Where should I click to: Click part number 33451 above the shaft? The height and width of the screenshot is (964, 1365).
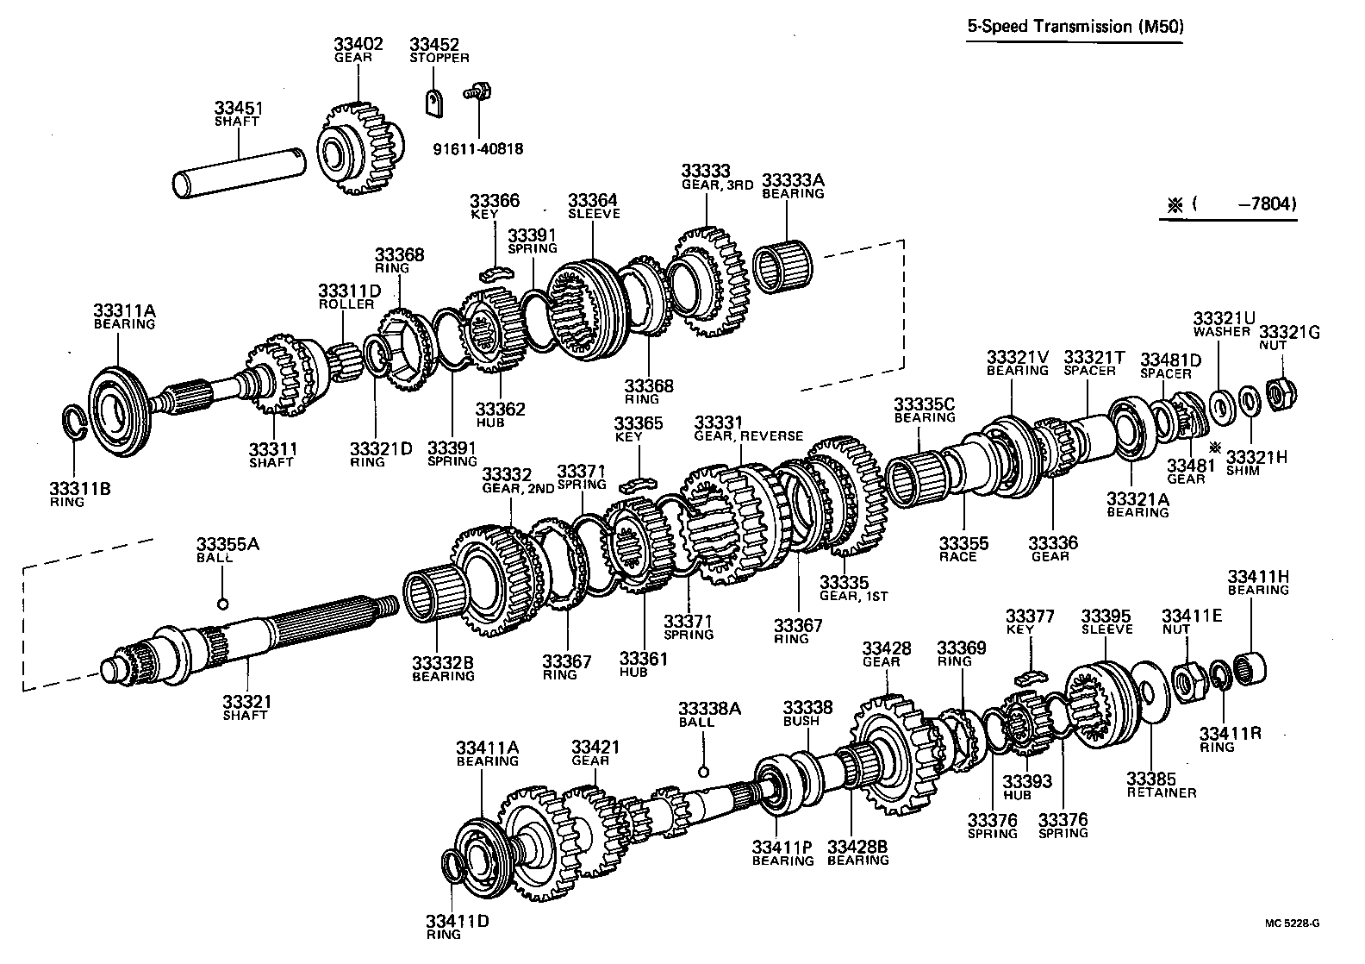pyautogui.click(x=238, y=109)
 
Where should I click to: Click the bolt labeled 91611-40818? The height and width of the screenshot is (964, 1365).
pyautogui.click(x=474, y=91)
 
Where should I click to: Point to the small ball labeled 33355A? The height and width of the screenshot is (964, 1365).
pyautogui.click(x=222, y=603)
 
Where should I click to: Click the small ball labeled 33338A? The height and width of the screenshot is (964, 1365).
pyautogui.click(x=703, y=771)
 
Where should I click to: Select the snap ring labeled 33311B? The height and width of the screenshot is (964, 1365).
pyautogui.click(x=75, y=422)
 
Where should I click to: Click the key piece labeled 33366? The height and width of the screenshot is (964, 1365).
pyautogui.click(x=496, y=274)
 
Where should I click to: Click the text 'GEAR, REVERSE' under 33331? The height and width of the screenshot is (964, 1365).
pyautogui.click(x=748, y=436)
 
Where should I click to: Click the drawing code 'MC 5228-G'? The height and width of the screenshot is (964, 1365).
pyautogui.click(x=1292, y=923)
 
